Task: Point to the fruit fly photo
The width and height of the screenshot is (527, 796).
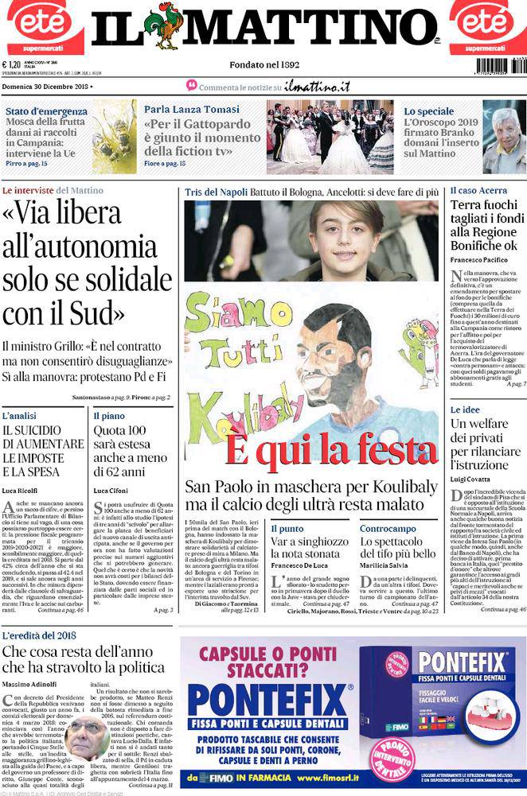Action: pos(114,136)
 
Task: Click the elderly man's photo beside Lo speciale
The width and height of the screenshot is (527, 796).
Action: pos(503,136)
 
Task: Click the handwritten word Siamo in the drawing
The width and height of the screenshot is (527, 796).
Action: pos(222,316)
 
